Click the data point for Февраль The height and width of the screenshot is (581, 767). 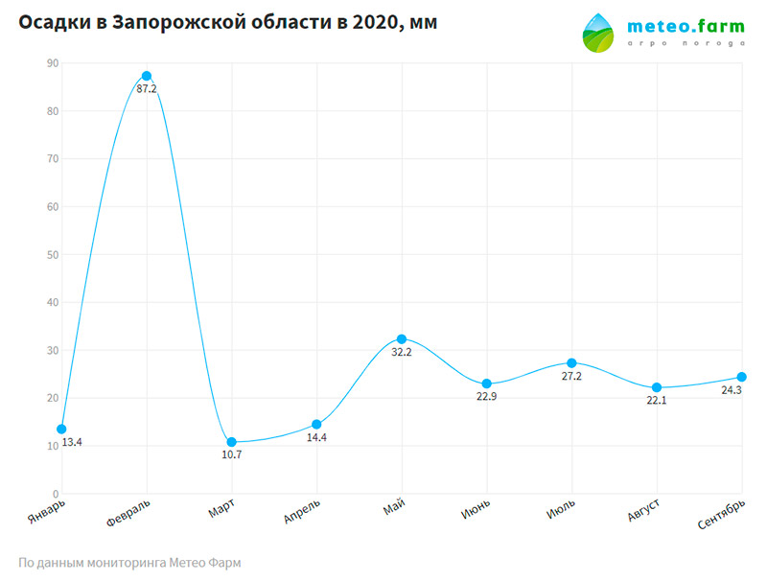point(147,76)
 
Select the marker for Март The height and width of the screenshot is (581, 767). point(231,442)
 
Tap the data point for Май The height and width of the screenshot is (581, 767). point(402,339)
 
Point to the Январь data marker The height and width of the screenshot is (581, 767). point(61,429)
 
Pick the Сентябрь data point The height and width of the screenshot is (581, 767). point(742,377)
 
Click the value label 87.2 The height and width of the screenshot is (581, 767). point(147,89)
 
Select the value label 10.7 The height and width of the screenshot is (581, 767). point(231,455)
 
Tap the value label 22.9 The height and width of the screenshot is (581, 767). point(487,397)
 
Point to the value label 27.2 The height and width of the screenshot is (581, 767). point(571,377)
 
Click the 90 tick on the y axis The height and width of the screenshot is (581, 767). point(52,63)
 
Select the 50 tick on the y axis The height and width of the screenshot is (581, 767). point(52,255)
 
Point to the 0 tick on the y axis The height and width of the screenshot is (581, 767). point(55,495)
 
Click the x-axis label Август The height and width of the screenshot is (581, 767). point(643,511)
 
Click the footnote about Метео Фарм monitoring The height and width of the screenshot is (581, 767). point(129,563)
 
